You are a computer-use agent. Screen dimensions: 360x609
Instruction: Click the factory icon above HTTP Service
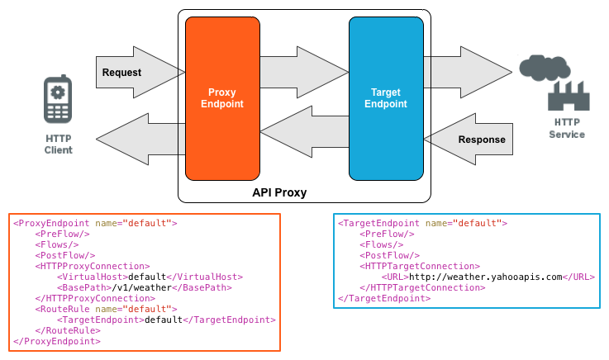tap(568, 95)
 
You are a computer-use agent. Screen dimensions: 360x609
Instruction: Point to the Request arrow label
tap(121, 73)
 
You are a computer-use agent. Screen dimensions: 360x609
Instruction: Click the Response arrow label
tap(481, 140)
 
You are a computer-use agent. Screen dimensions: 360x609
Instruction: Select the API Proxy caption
tap(279, 192)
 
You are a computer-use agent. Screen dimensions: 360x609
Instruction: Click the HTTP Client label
tap(58, 144)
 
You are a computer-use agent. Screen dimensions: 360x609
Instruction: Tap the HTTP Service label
tap(567, 128)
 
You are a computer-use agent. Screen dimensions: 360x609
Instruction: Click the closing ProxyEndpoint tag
tap(57, 341)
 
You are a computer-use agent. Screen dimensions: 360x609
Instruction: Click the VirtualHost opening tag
tap(90, 277)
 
